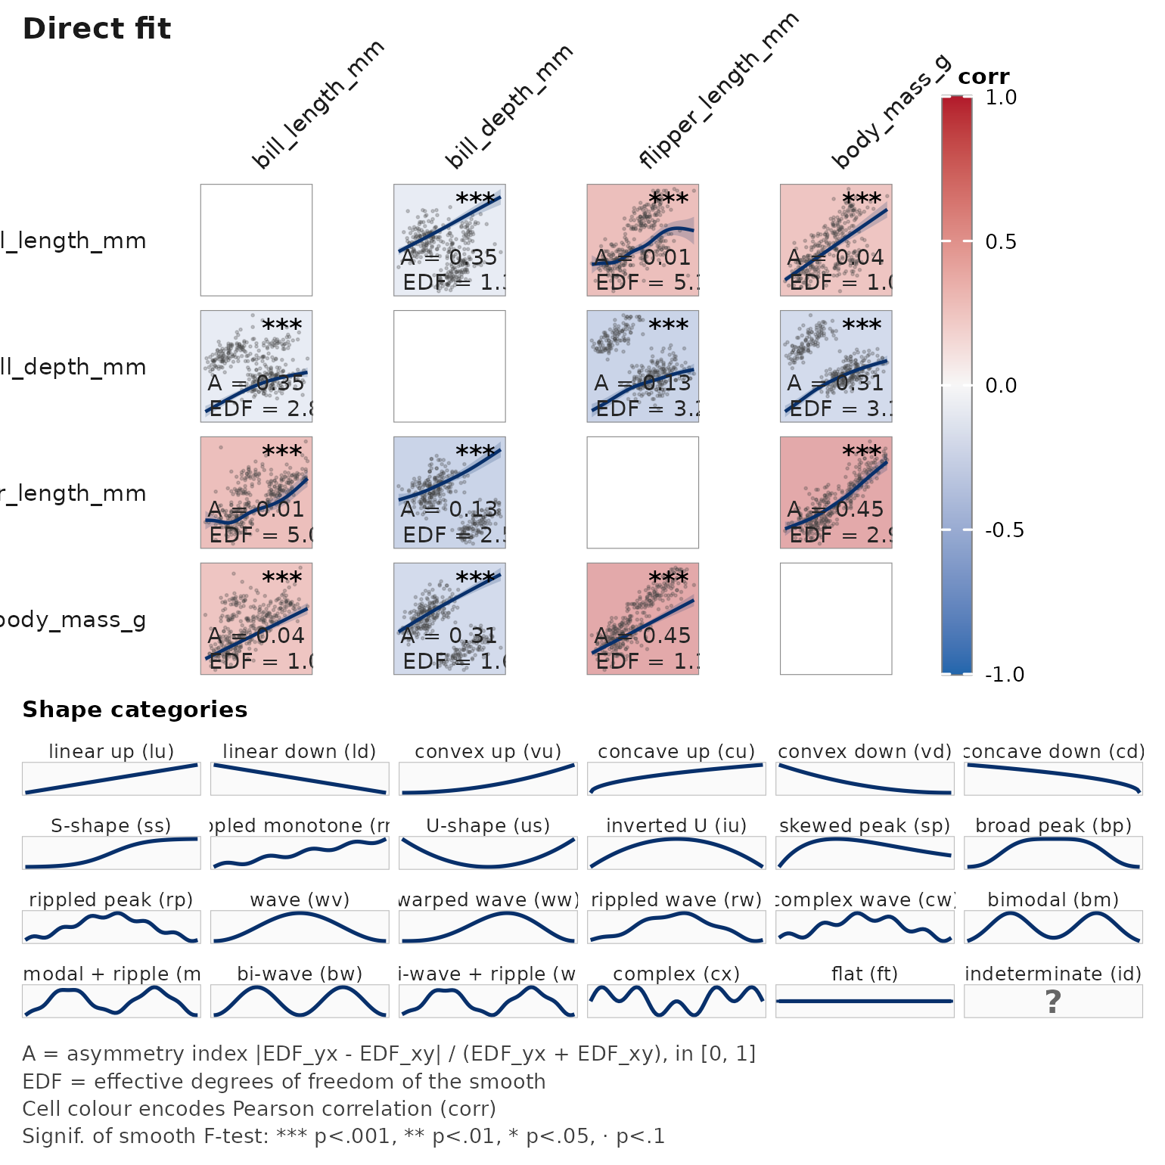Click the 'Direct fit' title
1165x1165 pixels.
(97, 29)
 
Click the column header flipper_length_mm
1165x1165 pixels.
(719, 91)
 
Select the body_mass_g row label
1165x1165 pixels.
(73, 620)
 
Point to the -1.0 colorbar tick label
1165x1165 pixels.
(1004, 674)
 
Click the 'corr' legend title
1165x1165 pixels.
(983, 76)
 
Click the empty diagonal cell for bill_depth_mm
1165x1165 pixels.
(449, 366)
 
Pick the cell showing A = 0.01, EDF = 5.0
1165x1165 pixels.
(256, 492)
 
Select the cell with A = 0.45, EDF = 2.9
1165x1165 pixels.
(836, 492)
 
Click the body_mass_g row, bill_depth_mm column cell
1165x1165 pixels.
(449, 619)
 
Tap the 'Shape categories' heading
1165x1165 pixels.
(135, 710)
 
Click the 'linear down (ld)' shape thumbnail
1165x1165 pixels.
(300, 779)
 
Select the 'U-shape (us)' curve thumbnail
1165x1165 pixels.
(488, 853)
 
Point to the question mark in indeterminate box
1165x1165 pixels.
(1053, 1002)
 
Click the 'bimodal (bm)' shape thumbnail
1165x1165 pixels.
(1053, 927)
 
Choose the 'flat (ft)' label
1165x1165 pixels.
(865, 974)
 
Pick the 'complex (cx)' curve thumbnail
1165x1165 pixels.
(676, 1002)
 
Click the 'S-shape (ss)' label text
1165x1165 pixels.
(111, 825)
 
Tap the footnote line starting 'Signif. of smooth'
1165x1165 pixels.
(343, 1136)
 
